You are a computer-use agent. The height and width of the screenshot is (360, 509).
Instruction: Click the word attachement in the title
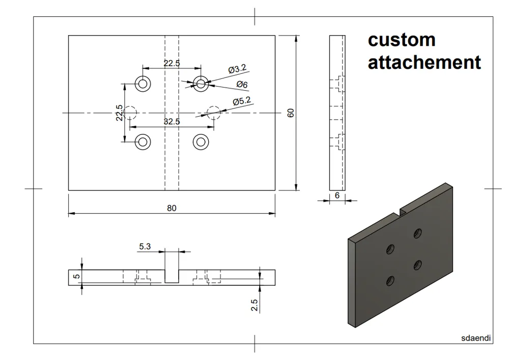tap(424, 63)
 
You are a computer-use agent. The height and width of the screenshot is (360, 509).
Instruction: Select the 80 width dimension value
tap(172, 208)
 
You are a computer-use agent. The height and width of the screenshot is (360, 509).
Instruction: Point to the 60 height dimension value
tap(291, 113)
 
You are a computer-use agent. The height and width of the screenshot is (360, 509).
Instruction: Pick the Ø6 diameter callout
tap(242, 85)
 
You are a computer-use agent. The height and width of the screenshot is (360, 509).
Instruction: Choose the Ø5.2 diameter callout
tap(242, 101)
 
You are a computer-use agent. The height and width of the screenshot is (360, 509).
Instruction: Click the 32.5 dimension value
tap(172, 122)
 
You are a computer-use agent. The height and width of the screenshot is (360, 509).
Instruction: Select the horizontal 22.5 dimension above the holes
tap(172, 64)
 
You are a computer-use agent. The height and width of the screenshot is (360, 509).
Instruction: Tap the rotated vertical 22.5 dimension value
tap(119, 113)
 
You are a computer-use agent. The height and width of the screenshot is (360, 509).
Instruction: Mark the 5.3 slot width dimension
tap(145, 246)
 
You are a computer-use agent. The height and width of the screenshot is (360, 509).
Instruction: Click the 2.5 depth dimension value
tap(254, 304)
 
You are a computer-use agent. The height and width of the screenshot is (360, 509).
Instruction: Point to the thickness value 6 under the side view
tap(336, 195)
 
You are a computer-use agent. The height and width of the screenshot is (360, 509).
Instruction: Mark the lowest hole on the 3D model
tap(390, 280)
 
